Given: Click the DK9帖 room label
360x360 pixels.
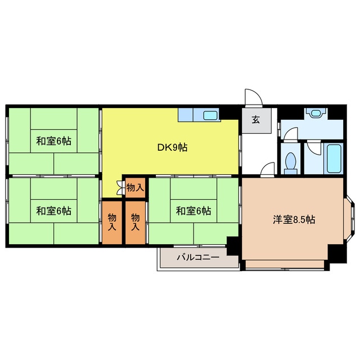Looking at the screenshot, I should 172,148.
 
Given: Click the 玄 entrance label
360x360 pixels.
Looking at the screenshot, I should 255,119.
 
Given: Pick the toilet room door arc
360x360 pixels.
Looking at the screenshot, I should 290,135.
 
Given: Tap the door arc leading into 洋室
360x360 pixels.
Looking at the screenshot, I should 267,169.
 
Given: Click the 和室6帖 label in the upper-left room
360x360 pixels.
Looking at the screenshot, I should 54,141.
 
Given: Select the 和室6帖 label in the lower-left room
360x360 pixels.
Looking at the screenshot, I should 54,211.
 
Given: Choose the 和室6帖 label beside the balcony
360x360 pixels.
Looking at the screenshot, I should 193,211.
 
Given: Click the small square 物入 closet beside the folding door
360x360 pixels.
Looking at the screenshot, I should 134,187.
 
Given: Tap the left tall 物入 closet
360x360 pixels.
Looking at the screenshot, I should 112,222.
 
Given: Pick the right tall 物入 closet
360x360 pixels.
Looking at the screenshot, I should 135,222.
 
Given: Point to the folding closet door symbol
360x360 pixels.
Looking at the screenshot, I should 120,188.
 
